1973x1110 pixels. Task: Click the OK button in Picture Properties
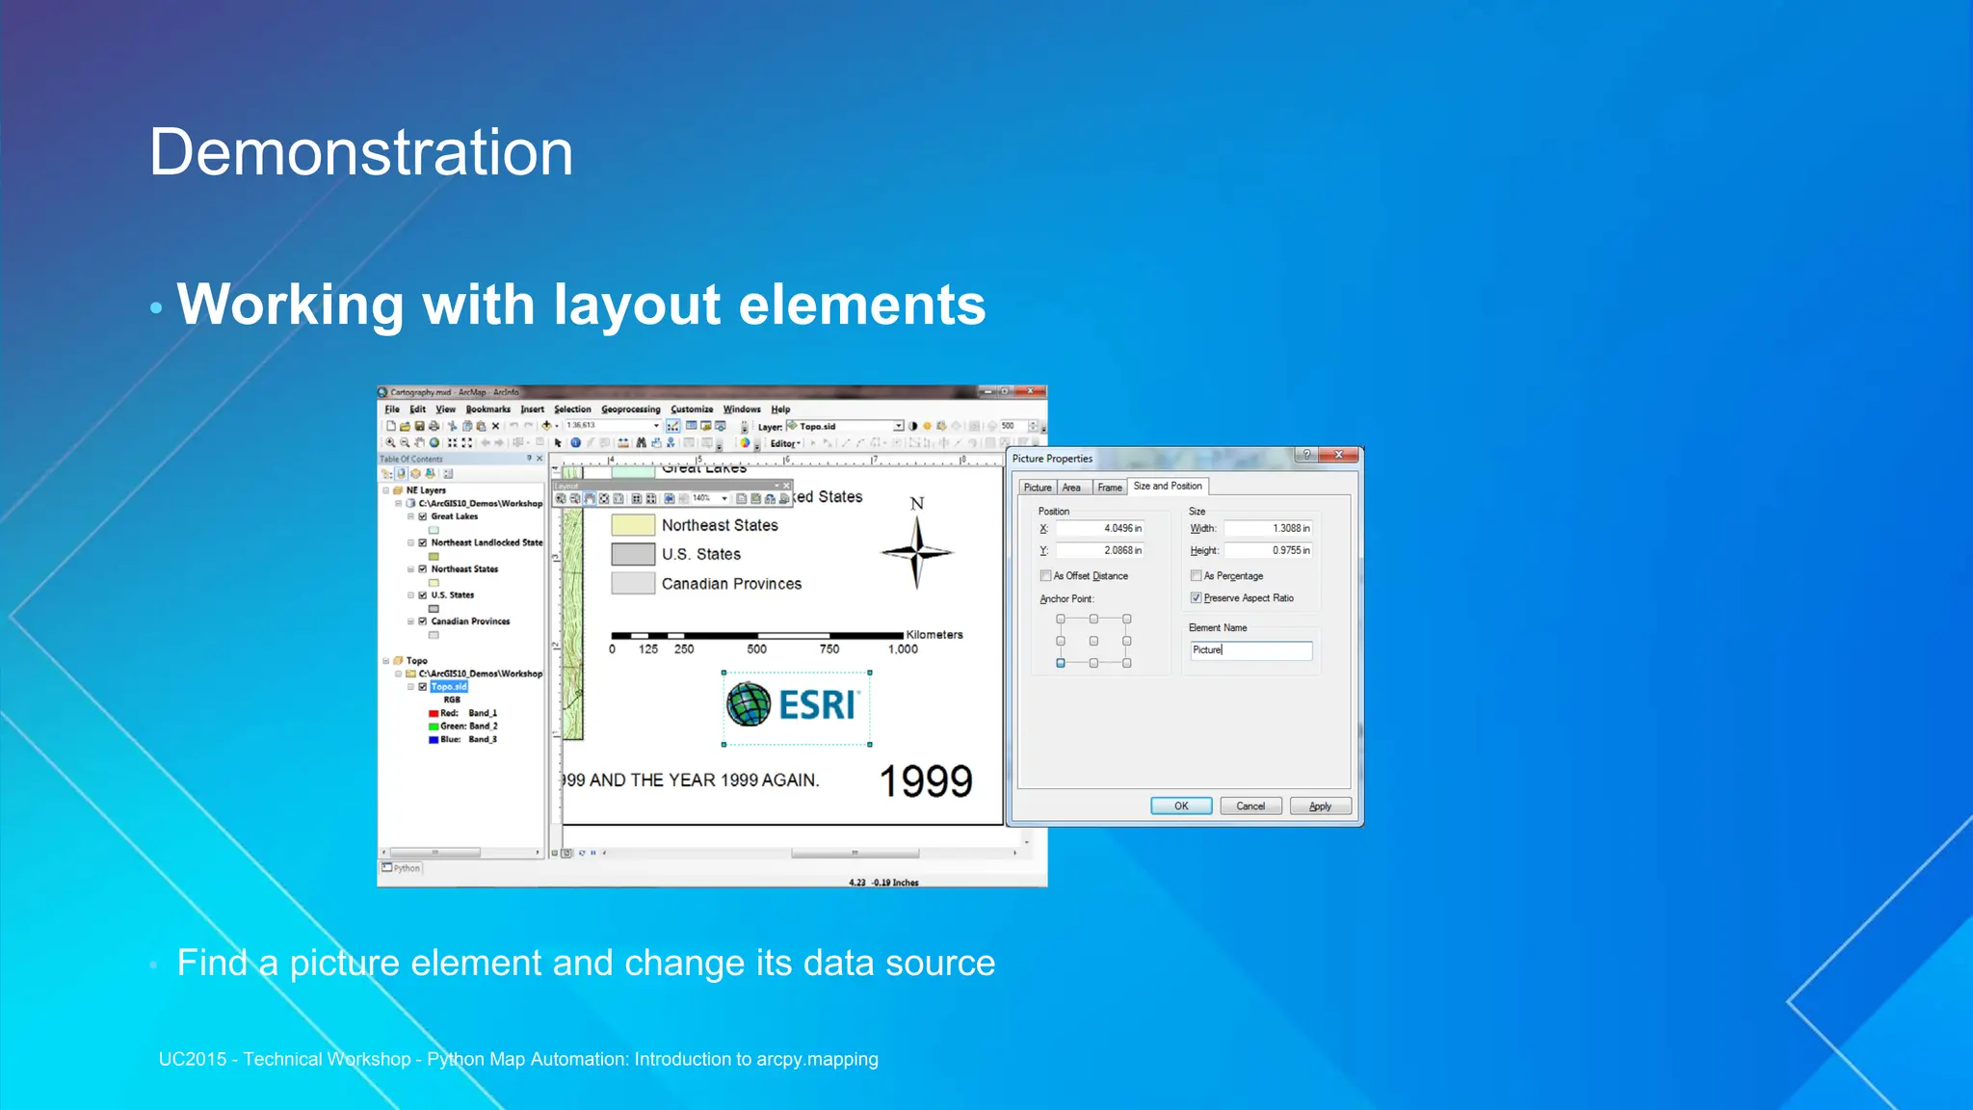pyautogui.click(x=1180, y=806)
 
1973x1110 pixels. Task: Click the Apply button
pyautogui.click(x=1320, y=806)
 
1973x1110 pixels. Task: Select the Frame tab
pyautogui.click(x=1109, y=488)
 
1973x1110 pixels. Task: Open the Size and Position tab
pyautogui.click(x=1167, y=486)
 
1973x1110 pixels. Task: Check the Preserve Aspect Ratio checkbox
pyautogui.click(x=1196, y=598)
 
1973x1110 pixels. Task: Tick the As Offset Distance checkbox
pyautogui.click(x=1045, y=576)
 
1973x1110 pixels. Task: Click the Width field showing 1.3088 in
pyautogui.click(x=1268, y=528)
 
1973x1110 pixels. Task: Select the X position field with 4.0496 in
pyautogui.click(x=1099, y=528)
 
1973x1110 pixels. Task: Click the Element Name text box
pyautogui.click(x=1250, y=650)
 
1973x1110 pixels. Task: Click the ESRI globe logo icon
pyautogui.click(x=749, y=704)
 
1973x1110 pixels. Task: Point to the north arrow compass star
pyautogui.click(x=916, y=552)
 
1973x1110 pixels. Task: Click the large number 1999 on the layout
pyautogui.click(x=926, y=780)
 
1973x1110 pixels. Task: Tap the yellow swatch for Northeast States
pyautogui.click(x=633, y=525)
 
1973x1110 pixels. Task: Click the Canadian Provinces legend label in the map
pyautogui.click(x=731, y=584)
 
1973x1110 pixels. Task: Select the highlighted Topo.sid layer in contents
pyautogui.click(x=448, y=687)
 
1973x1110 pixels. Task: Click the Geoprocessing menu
pyautogui.click(x=630, y=410)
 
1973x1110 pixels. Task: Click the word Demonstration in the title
pyautogui.click(x=361, y=152)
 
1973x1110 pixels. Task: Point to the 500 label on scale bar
pyautogui.click(x=757, y=649)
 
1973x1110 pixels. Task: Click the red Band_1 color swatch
pyautogui.click(x=434, y=714)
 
